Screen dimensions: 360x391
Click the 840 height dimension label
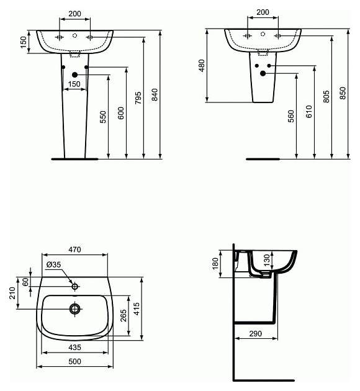[155, 94]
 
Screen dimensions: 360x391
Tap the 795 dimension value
[138, 98]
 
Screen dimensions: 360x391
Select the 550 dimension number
[102, 117]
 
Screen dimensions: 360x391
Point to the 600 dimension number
[120, 113]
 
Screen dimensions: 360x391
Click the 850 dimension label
[343, 93]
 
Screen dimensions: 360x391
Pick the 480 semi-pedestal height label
[202, 66]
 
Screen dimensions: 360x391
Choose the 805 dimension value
[326, 96]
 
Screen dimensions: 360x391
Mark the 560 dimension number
[291, 116]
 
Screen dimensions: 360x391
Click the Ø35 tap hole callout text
[53, 264]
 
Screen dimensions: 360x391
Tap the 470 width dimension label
[74, 249]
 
